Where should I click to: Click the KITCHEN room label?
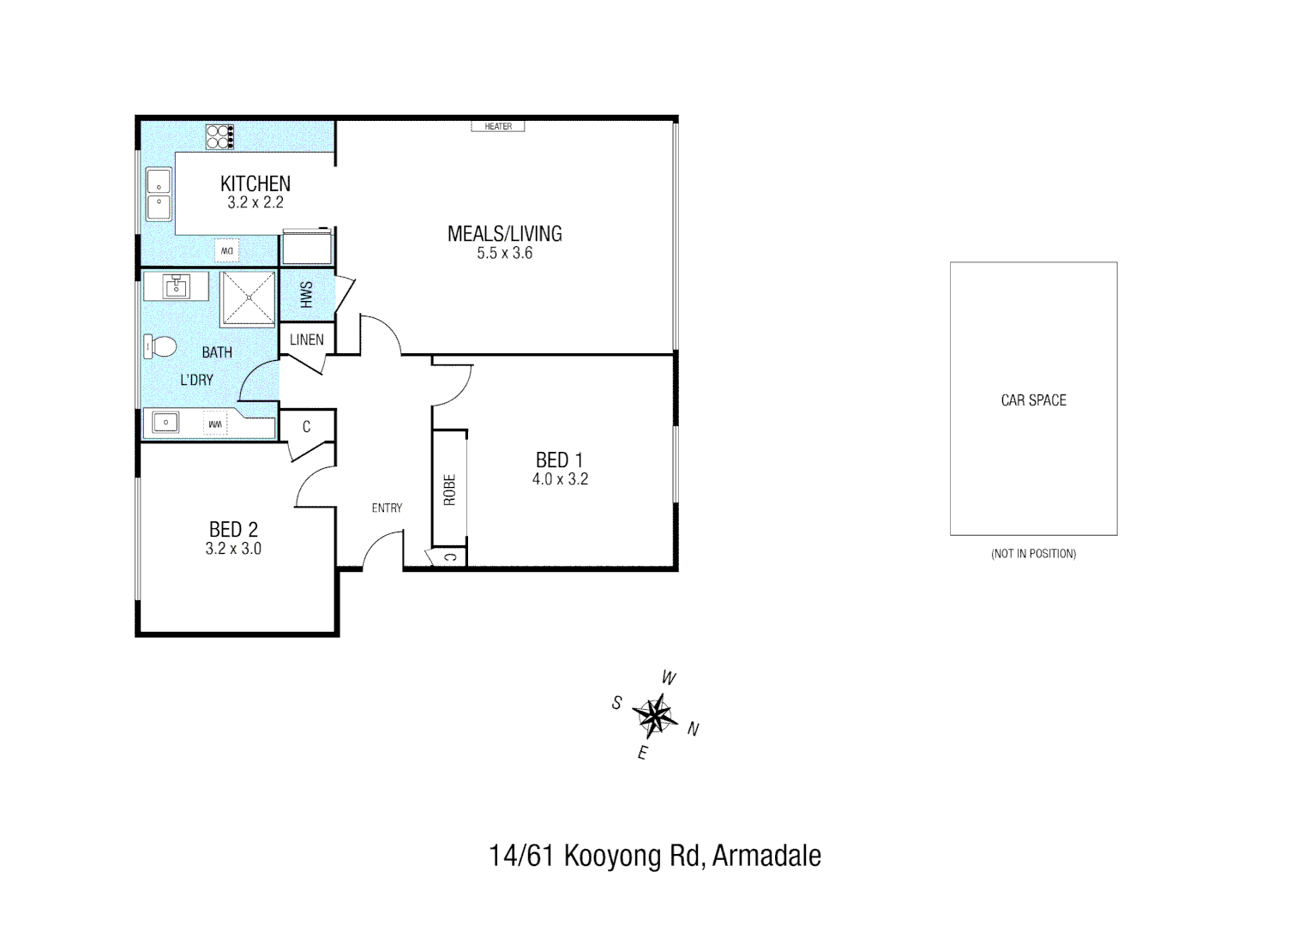(255, 183)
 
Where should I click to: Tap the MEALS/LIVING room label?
(504, 233)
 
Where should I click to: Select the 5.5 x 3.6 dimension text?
(504, 253)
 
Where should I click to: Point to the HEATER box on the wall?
(498, 127)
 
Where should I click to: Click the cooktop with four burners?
(220, 137)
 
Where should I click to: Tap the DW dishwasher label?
(227, 250)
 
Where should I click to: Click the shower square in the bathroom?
(249, 298)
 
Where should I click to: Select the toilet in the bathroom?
(159, 347)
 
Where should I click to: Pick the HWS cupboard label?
(307, 294)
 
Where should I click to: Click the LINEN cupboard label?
(306, 340)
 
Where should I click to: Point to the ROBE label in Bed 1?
(449, 490)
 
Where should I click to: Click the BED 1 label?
(559, 460)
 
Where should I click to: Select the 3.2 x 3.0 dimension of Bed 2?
(233, 549)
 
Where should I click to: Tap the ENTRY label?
(387, 508)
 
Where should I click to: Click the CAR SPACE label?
(1033, 400)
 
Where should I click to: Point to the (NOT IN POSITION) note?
(1033, 554)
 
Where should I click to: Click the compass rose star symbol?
(654, 715)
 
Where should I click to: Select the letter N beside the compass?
(693, 730)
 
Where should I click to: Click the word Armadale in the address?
(766, 856)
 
